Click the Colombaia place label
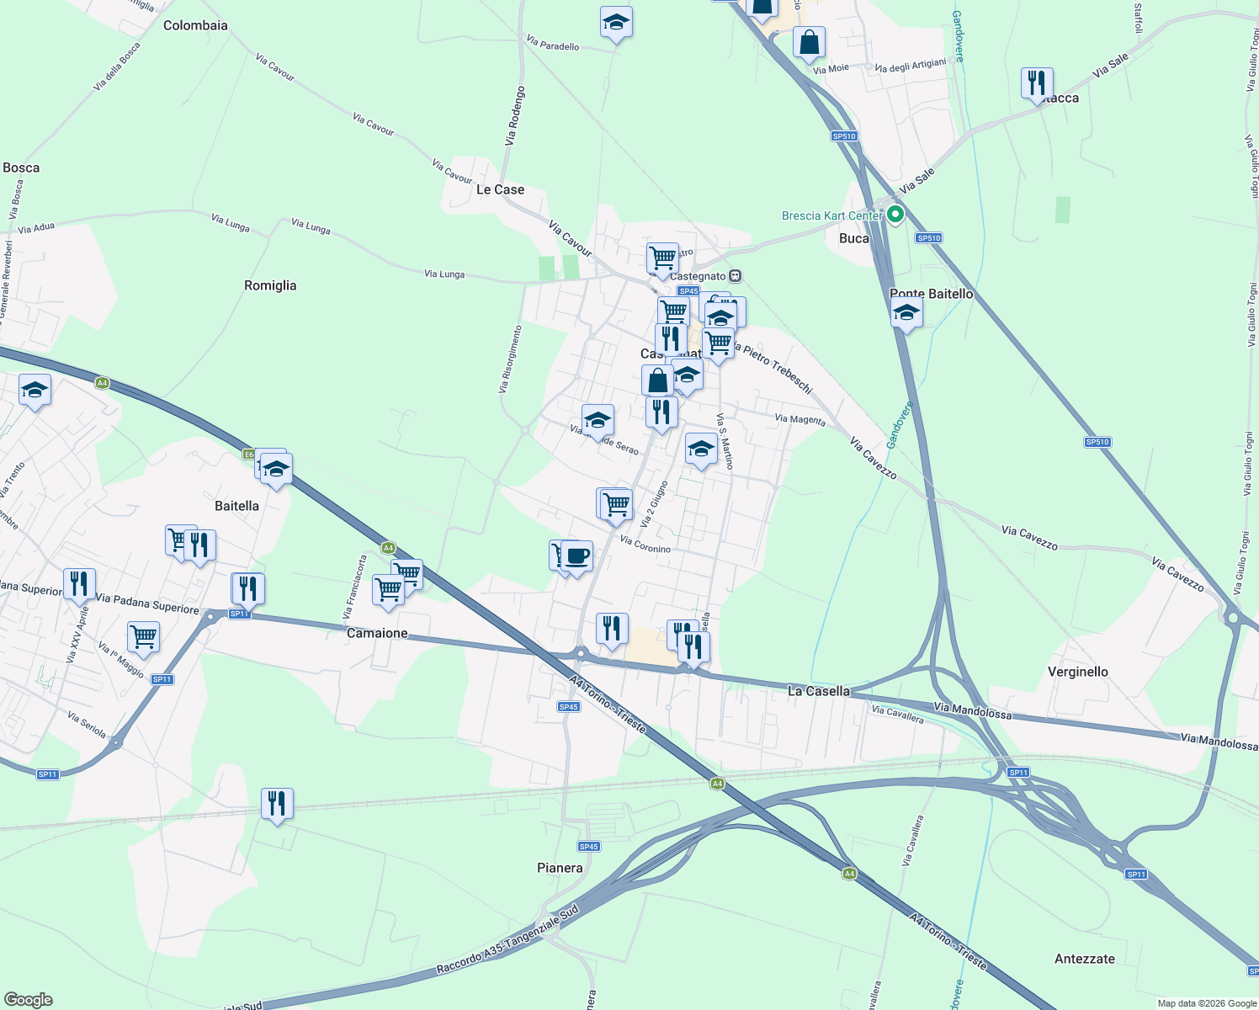195,25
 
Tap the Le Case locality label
500,189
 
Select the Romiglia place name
270,285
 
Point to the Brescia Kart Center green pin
895,215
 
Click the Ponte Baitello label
931,294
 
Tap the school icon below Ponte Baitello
906,313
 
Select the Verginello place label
1077,672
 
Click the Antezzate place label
1084,959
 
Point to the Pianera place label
560,868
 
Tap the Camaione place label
377,633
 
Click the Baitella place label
236,506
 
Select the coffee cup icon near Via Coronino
577,556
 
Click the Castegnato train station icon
736,276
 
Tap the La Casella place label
818,691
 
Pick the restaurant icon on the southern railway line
277,804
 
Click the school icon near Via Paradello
616,23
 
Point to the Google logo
28,1000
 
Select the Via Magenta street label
799,419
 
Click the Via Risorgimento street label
510,359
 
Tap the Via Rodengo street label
515,116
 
